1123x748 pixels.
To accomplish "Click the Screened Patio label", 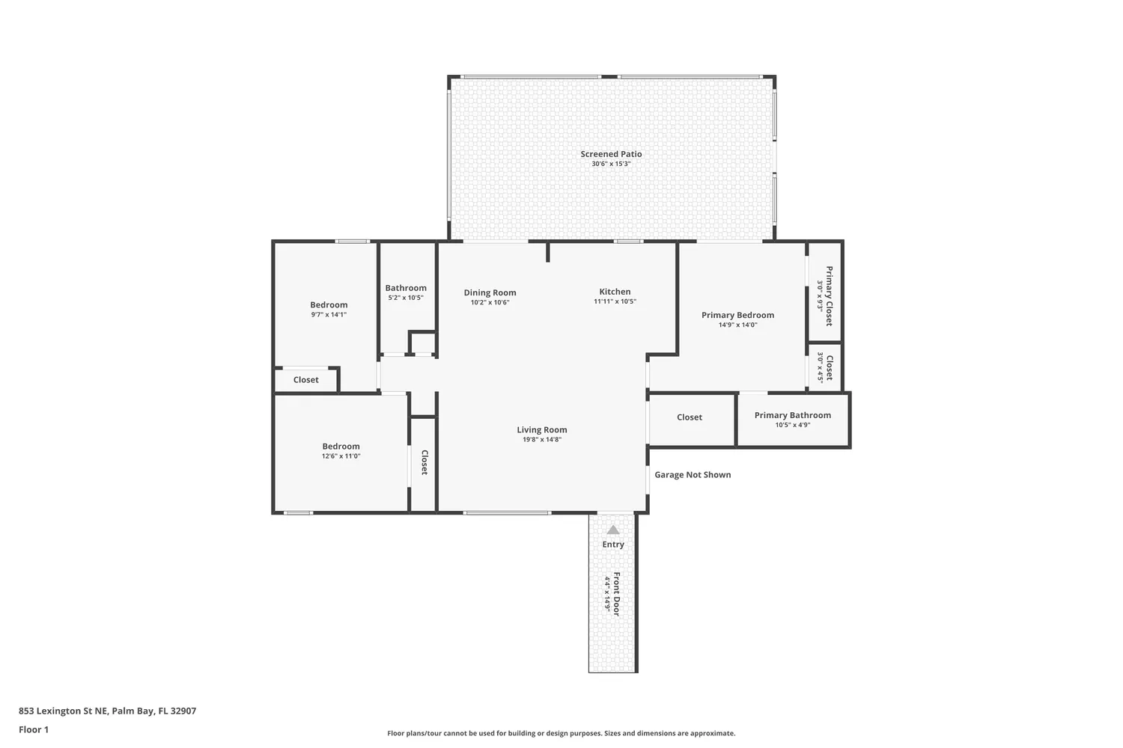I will pos(611,154).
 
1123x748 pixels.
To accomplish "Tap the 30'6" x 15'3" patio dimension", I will pos(611,164).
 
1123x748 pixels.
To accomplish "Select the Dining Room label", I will pos(490,292).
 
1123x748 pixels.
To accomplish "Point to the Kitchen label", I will pos(615,292).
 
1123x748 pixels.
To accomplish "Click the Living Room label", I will pos(541,429).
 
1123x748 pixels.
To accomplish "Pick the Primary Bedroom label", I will pos(737,315).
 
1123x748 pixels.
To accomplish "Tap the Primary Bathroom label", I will pos(792,415).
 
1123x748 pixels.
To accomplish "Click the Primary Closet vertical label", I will pos(829,295).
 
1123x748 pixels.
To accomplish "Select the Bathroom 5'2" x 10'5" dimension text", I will pos(406,298).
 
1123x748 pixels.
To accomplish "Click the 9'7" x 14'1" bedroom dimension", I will pos(329,315).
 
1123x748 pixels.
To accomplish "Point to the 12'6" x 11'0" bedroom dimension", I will pos(341,456).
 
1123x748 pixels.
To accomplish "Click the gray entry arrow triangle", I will pos(613,530).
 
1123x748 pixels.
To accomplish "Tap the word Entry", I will pos(613,545).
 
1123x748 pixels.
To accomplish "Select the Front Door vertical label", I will pos(617,594).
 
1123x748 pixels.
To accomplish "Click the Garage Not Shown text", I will pos(693,474).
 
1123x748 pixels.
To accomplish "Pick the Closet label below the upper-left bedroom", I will pos(305,380).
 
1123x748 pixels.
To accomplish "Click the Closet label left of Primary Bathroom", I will pos(690,417).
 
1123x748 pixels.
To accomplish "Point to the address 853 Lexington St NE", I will pos(107,711).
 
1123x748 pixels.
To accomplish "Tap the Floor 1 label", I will pos(34,729).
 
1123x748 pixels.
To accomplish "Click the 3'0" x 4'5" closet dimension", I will pos(821,367).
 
